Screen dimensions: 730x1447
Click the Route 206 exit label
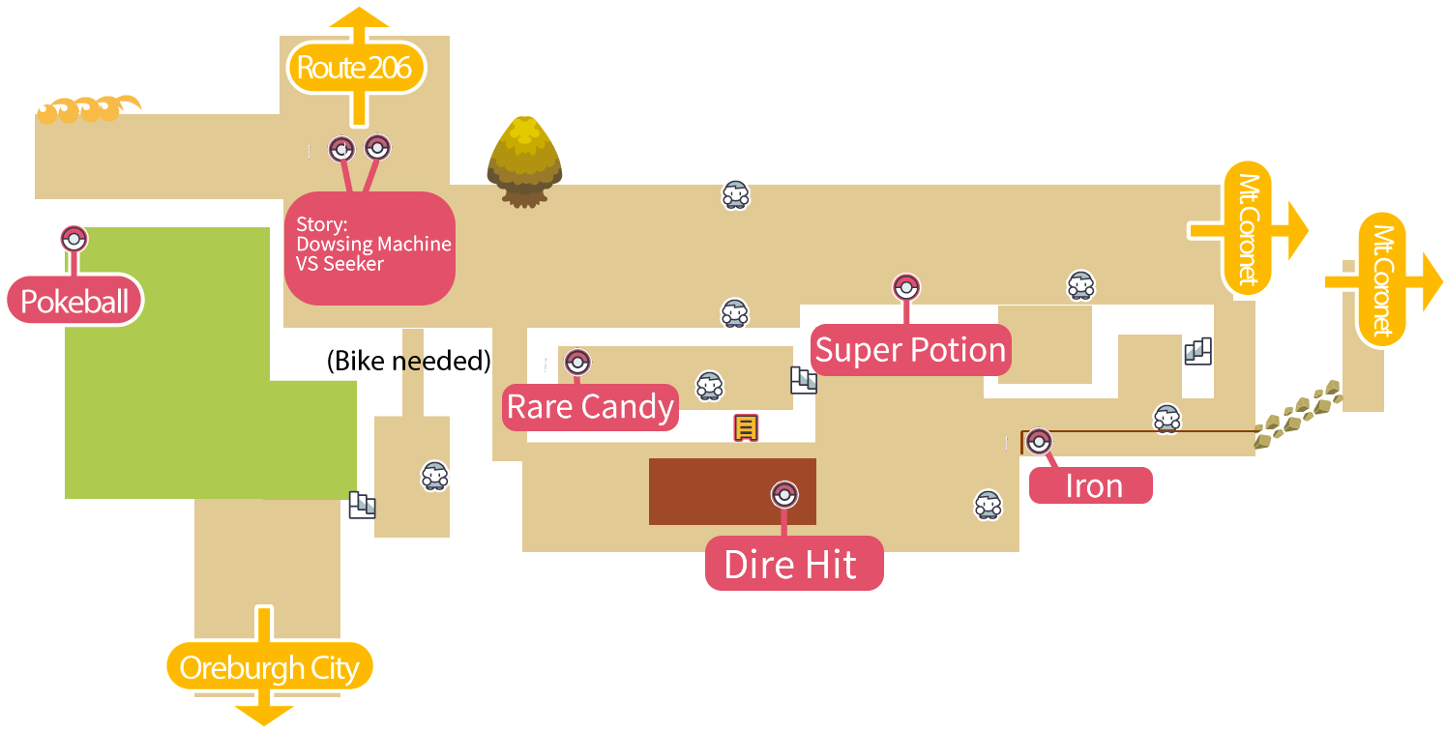point(355,68)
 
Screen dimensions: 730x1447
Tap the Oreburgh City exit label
point(269,667)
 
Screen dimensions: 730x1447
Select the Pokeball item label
point(74,302)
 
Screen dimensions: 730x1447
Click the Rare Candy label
point(590,407)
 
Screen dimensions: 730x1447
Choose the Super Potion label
point(910,350)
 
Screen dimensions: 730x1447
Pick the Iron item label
point(1091,485)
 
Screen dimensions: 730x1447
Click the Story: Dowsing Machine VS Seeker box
point(369,248)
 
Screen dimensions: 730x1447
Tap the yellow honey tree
point(524,161)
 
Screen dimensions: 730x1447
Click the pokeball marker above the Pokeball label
point(74,238)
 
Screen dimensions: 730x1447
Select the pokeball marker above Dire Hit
point(784,495)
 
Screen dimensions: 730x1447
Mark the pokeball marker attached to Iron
point(1039,441)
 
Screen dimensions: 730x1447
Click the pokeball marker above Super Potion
point(906,287)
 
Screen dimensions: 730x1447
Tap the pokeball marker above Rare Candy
point(577,363)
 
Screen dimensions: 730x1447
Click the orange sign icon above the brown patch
point(745,427)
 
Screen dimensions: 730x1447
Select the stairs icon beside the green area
point(363,505)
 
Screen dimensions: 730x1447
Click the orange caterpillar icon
point(87,108)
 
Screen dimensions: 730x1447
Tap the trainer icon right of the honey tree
point(735,194)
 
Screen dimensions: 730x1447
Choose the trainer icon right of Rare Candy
point(710,385)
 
